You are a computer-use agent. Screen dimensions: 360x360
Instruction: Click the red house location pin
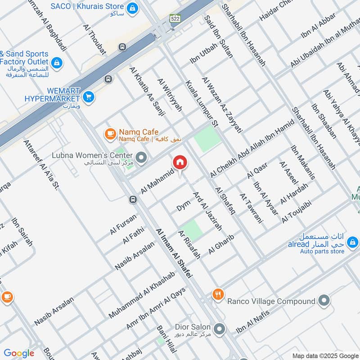click(x=180, y=162)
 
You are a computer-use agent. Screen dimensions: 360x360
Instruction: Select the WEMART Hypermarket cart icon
click(x=89, y=96)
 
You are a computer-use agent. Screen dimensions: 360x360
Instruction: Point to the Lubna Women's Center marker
click(x=142, y=157)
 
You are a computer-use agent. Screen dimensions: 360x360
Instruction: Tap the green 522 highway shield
click(x=175, y=18)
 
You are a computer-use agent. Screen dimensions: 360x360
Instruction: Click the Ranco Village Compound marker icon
click(x=324, y=300)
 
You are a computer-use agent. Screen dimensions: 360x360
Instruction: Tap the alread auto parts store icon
click(x=352, y=243)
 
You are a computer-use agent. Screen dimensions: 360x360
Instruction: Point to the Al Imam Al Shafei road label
click(x=174, y=252)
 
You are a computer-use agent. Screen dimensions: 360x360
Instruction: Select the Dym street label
click(x=183, y=206)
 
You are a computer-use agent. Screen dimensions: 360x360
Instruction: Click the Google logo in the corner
click(x=18, y=353)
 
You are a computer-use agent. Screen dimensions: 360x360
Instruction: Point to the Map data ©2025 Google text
click(x=324, y=355)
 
